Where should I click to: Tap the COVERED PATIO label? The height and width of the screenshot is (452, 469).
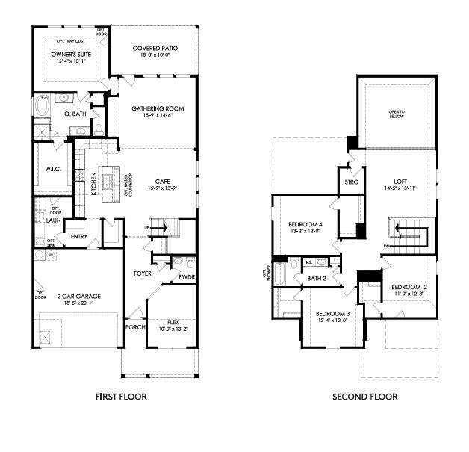pyautogui.click(x=155, y=47)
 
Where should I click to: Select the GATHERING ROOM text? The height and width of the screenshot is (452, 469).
pyautogui.click(x=158, y=108)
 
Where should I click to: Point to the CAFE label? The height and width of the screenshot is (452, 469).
pyautogui.click(x=162, y=181)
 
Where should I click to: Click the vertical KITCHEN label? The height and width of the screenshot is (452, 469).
pyautogui.click(x=93, y=182)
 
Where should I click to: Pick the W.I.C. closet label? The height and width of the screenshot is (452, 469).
pyautogui.click(x=52, y=168)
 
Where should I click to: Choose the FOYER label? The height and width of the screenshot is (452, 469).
pyautogui.click(x=143, y=273)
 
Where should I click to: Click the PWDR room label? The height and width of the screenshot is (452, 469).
pyautogui.click(x=186, y=277)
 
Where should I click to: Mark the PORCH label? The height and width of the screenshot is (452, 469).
pyautogui.click(x=135, y=327)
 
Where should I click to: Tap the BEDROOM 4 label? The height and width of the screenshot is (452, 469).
pyautogui.click(x=305, y=224)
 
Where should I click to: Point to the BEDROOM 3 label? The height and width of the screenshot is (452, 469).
pyautogui.click(x=332, y=312)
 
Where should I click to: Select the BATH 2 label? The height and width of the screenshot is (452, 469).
pyautogui.click(x=317, y=279)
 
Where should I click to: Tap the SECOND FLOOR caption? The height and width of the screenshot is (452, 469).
pyautogui.click(x=364, y=397)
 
